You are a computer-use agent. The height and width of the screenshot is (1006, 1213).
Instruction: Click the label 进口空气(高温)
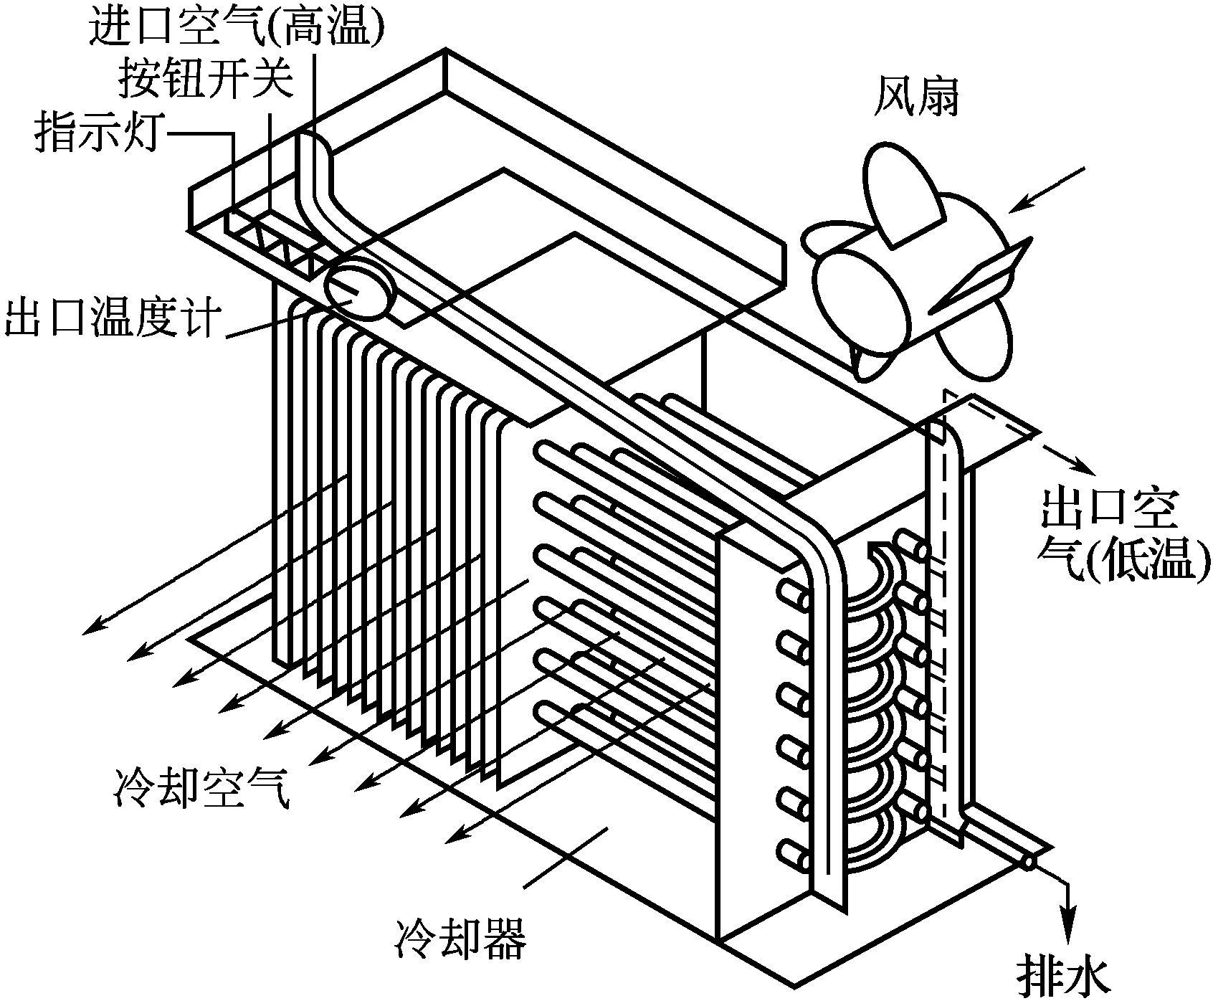(237, 27)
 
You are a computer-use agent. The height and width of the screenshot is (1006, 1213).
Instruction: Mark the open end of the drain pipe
(1029, 863)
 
